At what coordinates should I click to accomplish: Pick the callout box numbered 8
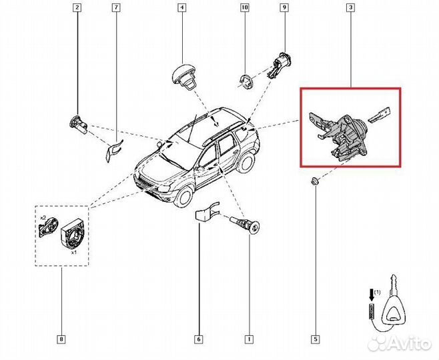pyautogui.click(x=62, y=341)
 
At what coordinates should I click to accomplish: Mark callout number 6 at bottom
pyautogui.click(x=199, y=341)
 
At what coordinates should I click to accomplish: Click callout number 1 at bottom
pyautogui.click(x=249, y=341)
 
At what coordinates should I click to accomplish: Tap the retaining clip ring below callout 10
pyautogui.click(x=246, y=81)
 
